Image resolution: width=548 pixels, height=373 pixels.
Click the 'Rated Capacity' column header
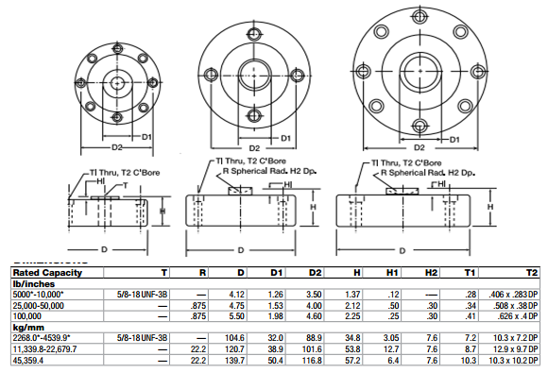pyautogui.click(x=43, y=272)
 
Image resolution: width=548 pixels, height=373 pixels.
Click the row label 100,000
pyautogui.click(x=28, y=314)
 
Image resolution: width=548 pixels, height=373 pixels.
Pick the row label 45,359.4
pyautogui.click(x=32, y=360)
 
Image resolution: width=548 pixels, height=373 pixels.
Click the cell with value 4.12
pyautogui.click(x=237, y=294)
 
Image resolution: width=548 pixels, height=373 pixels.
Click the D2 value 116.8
pyautogui.click(x=314, y=360)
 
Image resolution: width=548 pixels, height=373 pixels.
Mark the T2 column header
pyautogui.click(x=533, y=272)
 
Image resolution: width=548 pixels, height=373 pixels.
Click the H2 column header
pyautogui.click(x=431, y=272)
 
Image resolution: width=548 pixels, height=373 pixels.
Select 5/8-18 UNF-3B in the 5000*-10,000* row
pyautogui.click(x=142, y=294)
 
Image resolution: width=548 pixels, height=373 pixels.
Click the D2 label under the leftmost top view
pyautogui.click(x=116, y=147)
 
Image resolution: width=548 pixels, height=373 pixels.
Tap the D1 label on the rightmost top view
pyautogui.click(x=454, y=140)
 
